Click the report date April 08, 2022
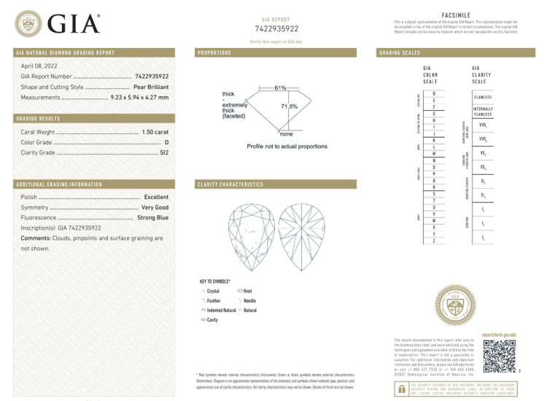(40, 66)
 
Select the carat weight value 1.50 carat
(155, 132)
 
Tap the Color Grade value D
(166, 142)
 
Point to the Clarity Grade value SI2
(164, 153)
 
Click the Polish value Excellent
(156, 197)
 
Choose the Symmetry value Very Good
(155, 207)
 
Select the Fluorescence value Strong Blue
(152, 217)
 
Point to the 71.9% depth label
(289, 106)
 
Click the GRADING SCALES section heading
(400, 53)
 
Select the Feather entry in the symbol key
(213, 300)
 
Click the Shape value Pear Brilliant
(151, 87)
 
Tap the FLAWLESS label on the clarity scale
(482, 97)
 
